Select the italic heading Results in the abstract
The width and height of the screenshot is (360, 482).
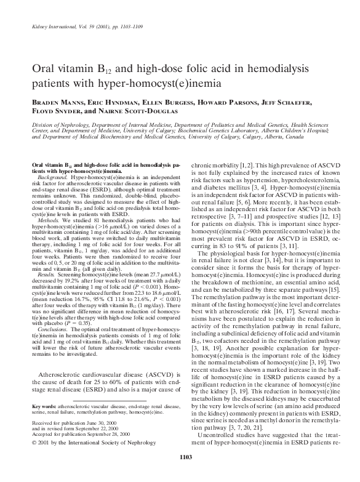(x=49, y=271)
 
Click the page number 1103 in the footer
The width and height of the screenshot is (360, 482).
(x=180, y=472)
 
